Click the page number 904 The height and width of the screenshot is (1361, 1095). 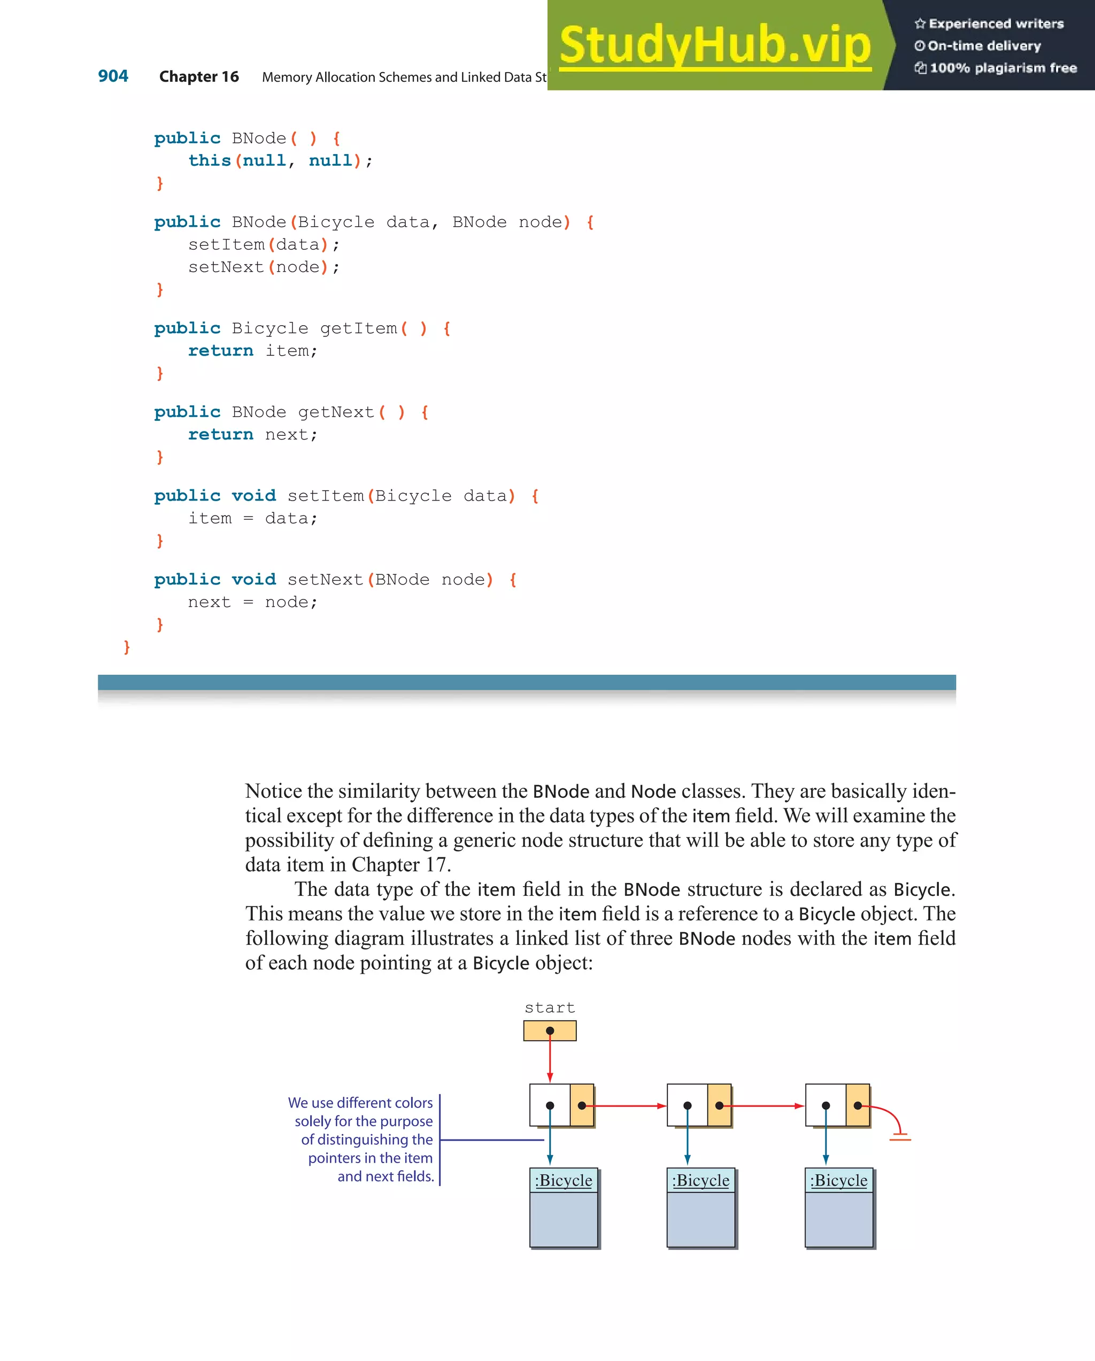click(x=113, y=76)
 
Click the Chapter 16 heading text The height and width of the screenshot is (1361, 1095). click(x=199, y=77)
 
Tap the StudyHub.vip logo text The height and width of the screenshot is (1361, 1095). click(x=715, y=45)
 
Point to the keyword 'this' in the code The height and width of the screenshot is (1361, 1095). click(x=210, y=160)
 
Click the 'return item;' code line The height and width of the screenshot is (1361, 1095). click(x=252, y=350)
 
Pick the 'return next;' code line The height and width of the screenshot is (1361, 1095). click(x=252, y=434)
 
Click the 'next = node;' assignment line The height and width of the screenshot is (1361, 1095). click(x=252, y=602)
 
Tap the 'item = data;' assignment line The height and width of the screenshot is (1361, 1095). click(x=252, y=518)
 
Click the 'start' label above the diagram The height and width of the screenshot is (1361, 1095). click(x=550, y=1008)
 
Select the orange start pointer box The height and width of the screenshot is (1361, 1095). click(x=550, y=1031)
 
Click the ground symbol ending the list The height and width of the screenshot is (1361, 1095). click(x=900, y=1137)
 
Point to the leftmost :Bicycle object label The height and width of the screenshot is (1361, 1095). click(x=564, y=1180)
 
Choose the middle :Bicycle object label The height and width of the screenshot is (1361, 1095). click(x=700, y=1180)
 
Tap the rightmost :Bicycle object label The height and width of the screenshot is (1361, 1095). click(x=839, y=1180)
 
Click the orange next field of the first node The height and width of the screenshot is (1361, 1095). click(x=582, y=1105)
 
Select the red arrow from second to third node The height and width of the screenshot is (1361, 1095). click(x=767, y=1106)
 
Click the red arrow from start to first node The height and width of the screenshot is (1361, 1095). click(x=550, y=1060)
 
